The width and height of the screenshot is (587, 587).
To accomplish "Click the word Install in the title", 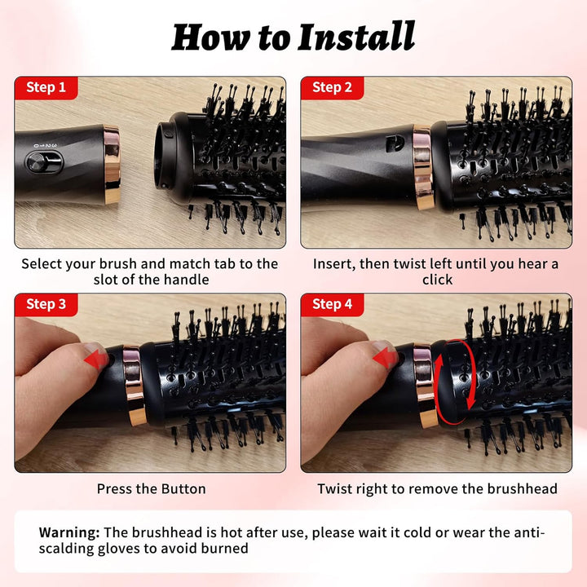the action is click(356, 37).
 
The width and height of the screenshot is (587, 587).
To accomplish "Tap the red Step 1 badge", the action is click(46, 87).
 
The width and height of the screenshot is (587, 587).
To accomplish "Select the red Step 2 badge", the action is click(332, 87).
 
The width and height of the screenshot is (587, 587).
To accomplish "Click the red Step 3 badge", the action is click(46, 304).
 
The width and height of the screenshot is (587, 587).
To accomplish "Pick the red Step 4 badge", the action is click(332, 304).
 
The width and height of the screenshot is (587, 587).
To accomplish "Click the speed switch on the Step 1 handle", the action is click(44, 162).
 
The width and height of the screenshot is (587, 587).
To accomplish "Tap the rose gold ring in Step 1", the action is click(112, 165).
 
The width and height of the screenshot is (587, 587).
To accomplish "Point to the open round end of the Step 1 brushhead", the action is click(165, 154).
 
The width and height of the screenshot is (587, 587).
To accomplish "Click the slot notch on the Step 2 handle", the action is click(395, 143).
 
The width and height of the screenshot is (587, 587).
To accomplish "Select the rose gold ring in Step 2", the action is click(423, 166).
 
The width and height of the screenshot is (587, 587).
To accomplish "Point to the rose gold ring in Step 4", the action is click(426, 386).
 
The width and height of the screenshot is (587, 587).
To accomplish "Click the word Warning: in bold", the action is click(69, 532).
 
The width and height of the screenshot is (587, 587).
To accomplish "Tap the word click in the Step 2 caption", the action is click(437, 280).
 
